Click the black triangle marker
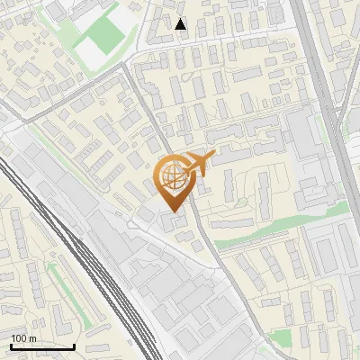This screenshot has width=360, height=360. [x=181, y=24]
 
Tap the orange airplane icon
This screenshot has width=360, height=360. [x=200, y=163]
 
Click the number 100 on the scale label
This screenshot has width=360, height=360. [x=18, y=338]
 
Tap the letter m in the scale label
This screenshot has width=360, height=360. [x=32, y=338]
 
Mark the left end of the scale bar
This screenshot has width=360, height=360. [x=11, y=346]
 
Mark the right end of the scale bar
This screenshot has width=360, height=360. [x=75, y=346]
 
